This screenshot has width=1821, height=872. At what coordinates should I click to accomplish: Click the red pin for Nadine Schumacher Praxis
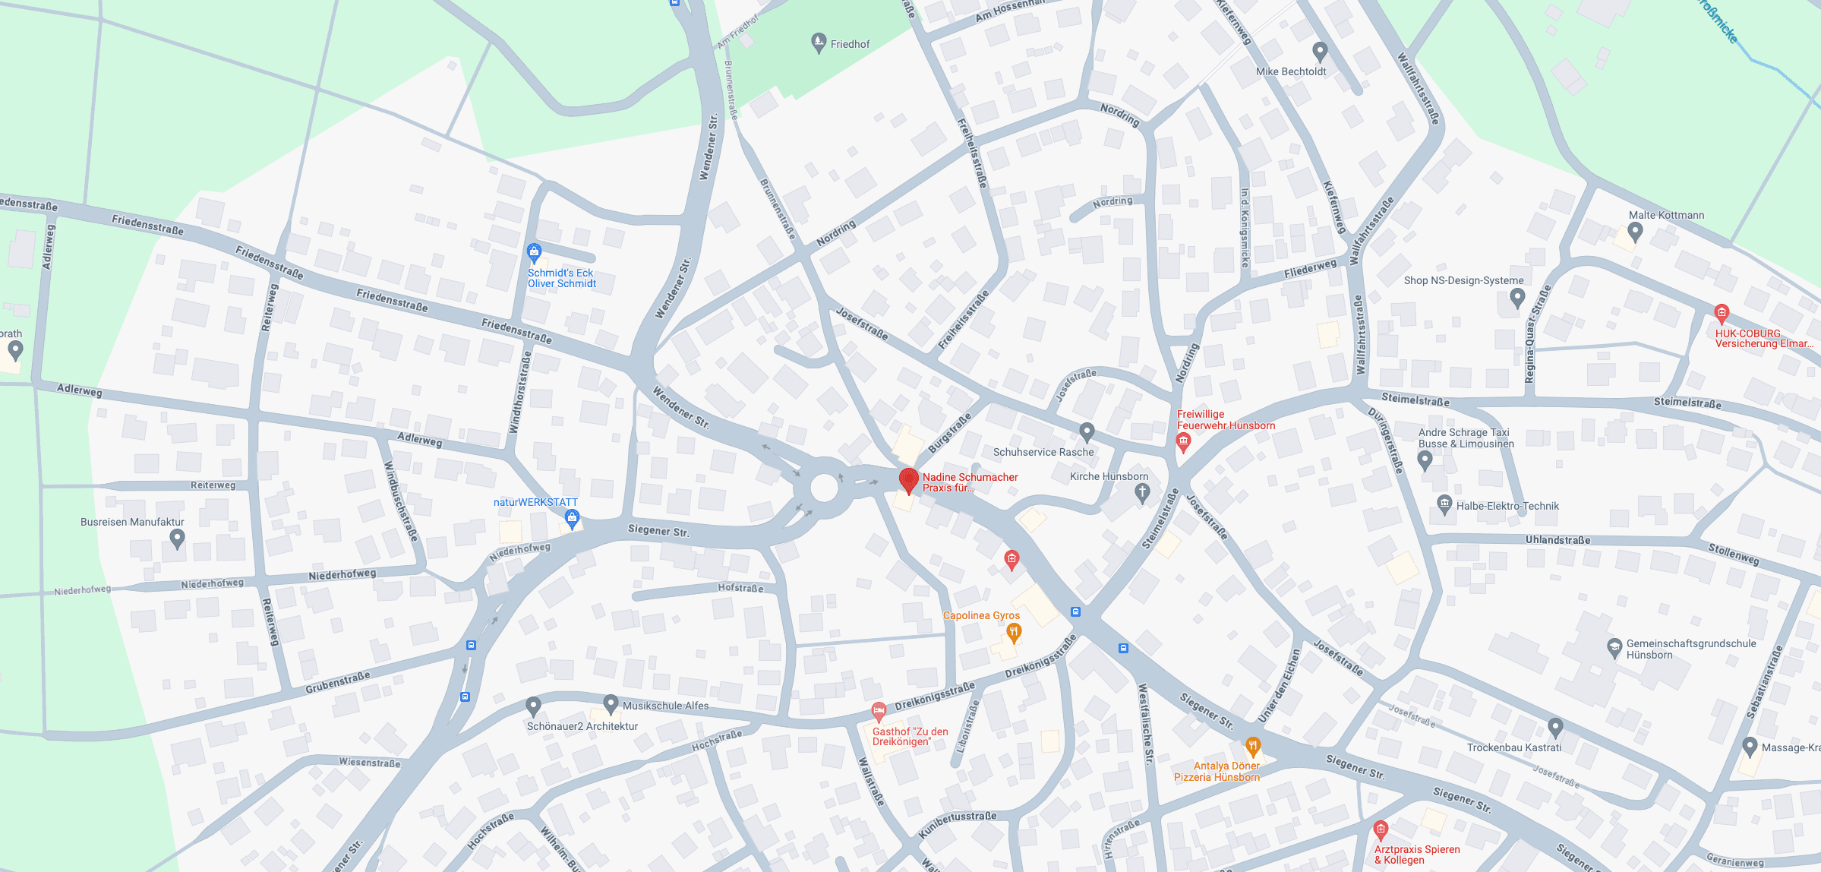coord(908,480)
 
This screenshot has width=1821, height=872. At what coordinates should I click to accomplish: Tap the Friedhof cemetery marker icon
coord(819,43)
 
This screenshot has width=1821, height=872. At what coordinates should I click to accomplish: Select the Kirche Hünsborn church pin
coord(1141,493)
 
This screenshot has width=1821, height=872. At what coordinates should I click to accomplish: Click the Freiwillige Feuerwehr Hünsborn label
coord(1225,420)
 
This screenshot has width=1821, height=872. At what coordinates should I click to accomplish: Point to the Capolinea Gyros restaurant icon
coord(1014,632)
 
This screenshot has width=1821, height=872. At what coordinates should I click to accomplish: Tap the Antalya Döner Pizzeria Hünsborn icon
coord(1253,746)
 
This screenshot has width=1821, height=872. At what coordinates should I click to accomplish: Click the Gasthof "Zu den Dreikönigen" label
coord(910,737)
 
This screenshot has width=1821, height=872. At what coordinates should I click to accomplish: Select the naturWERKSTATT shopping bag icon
coord(573,519)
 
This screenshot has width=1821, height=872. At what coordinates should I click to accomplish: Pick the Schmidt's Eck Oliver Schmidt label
coord(562,278)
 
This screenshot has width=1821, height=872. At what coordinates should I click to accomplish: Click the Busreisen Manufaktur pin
coord(177,539)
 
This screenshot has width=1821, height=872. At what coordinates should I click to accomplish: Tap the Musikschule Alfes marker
coord(611,704)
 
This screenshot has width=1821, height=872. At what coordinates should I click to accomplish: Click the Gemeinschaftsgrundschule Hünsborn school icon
coord(1614,648)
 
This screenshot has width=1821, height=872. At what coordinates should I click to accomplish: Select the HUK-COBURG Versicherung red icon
coord(1722,312)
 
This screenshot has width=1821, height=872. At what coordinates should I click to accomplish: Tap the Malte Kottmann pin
coord(1636,232)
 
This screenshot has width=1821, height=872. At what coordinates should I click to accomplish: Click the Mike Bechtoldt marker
coord(1320,52)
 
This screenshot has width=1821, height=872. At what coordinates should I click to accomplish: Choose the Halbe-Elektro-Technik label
coord(1507,506)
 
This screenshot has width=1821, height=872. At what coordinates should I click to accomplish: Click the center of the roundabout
coord(824,487)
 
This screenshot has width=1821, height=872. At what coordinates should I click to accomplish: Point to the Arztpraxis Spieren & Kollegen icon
coord(1381,829)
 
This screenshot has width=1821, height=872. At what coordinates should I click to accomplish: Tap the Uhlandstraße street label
coord(1557,540)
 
